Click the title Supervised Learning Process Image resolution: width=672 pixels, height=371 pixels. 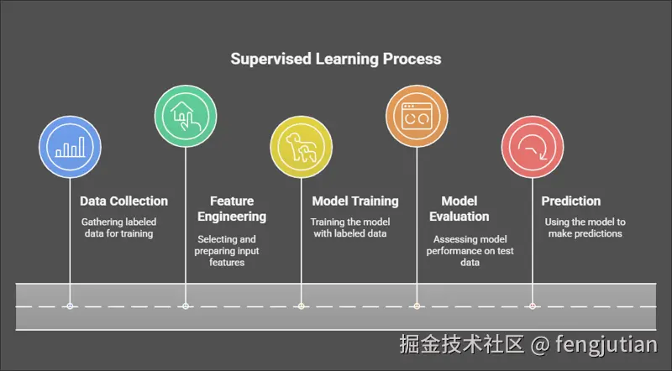coord(336,59)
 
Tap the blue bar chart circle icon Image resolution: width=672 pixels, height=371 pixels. coord(70,149)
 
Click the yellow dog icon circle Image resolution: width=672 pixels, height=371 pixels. coord(301,149)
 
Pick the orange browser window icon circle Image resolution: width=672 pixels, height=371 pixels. coord(416,117)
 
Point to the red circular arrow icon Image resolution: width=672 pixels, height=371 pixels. coord(532,149)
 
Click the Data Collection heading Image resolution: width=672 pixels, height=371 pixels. coord(123,201)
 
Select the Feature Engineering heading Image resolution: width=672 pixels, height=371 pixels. coord(232,209)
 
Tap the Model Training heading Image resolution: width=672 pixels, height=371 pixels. coord(354,201)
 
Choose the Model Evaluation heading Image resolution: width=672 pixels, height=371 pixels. coord(459,209)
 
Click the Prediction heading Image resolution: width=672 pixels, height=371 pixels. coord(570,201)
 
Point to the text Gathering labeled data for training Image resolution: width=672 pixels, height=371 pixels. coord(118,227)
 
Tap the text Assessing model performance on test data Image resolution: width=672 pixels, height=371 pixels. coord(469,250)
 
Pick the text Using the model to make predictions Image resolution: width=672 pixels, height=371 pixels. coord(585,227)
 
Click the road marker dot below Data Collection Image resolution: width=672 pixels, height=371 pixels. coord(70,306)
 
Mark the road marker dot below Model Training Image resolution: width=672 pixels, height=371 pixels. coord(301,306)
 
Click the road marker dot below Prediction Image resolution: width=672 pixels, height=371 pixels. coord(532,306)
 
